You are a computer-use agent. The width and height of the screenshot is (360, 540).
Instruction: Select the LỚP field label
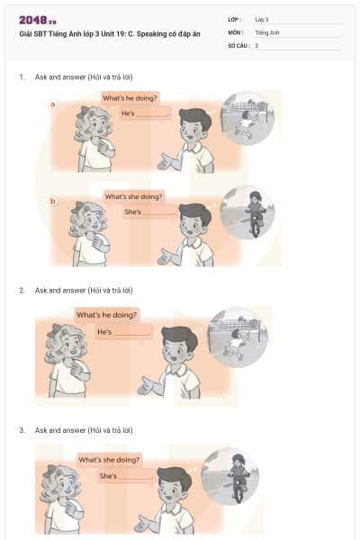[235, 19]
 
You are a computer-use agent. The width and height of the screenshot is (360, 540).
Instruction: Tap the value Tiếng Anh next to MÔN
[267, 31]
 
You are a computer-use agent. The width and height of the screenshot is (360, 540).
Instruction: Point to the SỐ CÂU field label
[238, 44]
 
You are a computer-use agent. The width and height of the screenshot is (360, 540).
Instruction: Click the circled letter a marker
[53, 104]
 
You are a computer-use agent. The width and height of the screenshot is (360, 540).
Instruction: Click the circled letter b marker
[53, 201]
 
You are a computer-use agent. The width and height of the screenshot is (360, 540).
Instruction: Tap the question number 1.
[22, 77]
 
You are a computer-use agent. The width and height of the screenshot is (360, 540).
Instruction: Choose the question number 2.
[22, 291]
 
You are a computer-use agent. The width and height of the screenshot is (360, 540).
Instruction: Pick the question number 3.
[22, 431]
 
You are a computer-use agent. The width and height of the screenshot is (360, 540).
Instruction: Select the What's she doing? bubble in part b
[133, 196]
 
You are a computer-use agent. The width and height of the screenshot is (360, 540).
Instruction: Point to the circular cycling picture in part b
[247, 212]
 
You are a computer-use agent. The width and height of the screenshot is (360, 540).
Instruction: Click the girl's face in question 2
[67, 343]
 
